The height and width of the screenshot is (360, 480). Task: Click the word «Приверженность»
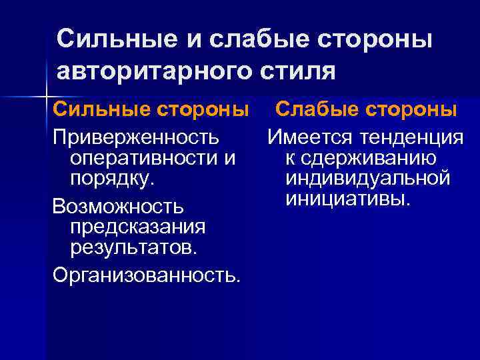(135, 138)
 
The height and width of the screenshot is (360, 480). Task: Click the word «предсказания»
(137, 227)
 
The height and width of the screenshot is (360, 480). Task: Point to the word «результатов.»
(133, 249)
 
